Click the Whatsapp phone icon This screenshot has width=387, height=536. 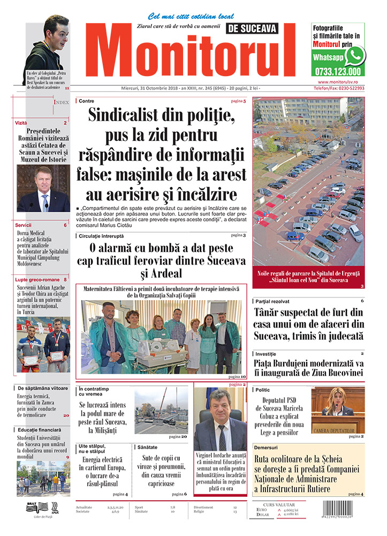355,56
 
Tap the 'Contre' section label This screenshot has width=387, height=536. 86,101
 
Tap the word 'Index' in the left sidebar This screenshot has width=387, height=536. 62,102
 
